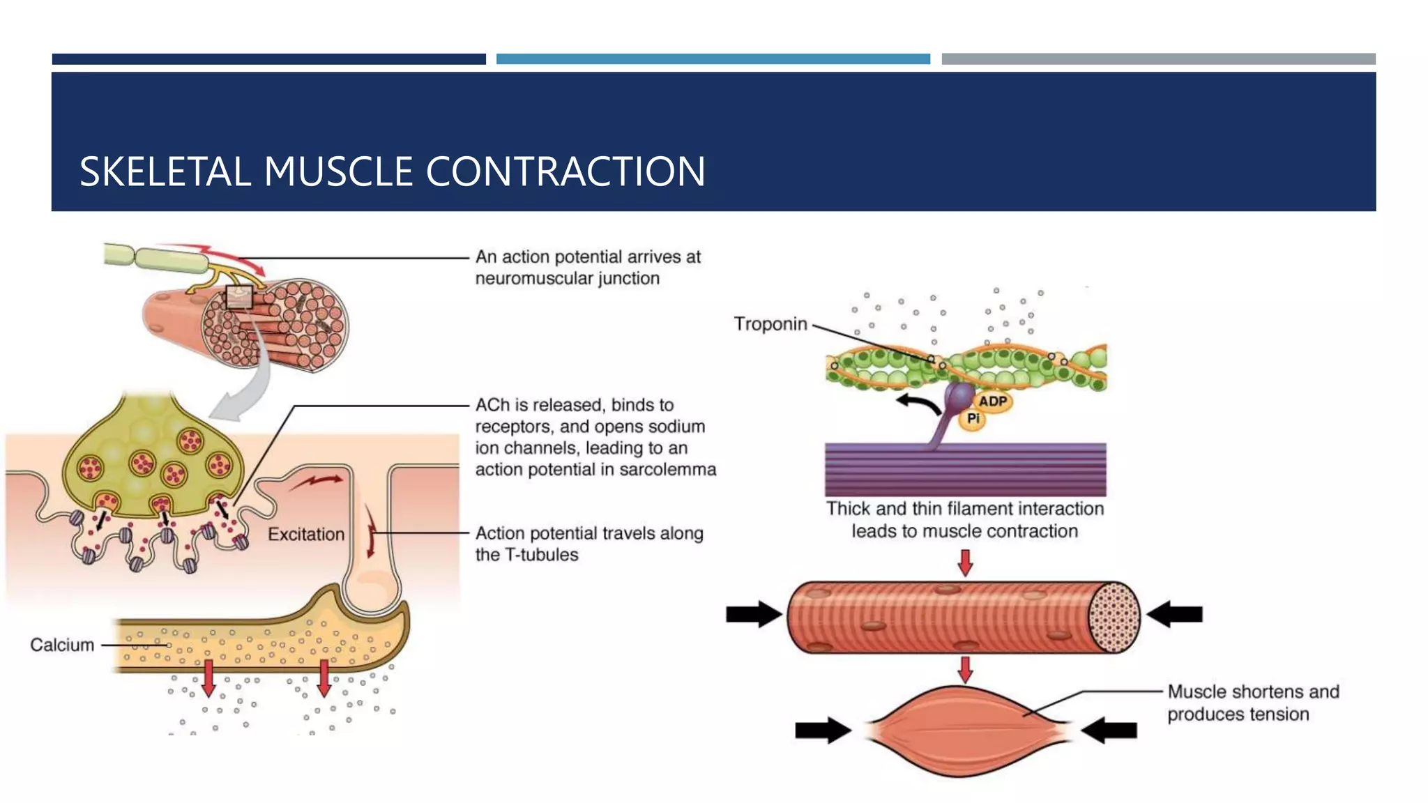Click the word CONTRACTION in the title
pyautogui.click(x=565, y=171)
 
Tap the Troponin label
pyautogui.click(x=770, y=324)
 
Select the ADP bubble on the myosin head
pyautogui.click(x=992, y=401)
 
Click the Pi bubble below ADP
pyautogui.click(x=973, y=419)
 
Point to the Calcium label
pyautogui.click(x=61, y=645)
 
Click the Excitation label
pyautogui.click(x=306, y=535)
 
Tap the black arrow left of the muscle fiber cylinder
pyautogui.click(x=753, y=614)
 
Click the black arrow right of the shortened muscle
pyautogui.click(x=1110, y=730)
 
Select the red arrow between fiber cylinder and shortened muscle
pyautogui.click(x=965, y=670)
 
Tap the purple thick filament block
pyautogui.click(x=965, y=470)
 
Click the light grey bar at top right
pyautogui.click(x=1158, y=59)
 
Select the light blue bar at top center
pyautogui.click(x=713, y=59)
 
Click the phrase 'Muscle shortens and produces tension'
pyautogui.click(x=1252, y=703)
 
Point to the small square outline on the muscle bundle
pyautogui.click(x=239, y=298)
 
